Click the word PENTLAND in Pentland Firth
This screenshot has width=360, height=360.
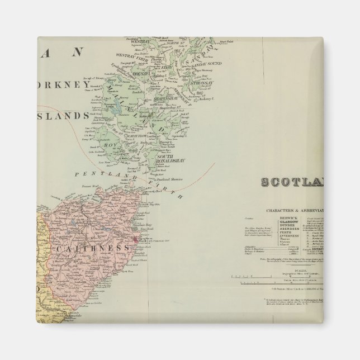coord(108,175)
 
